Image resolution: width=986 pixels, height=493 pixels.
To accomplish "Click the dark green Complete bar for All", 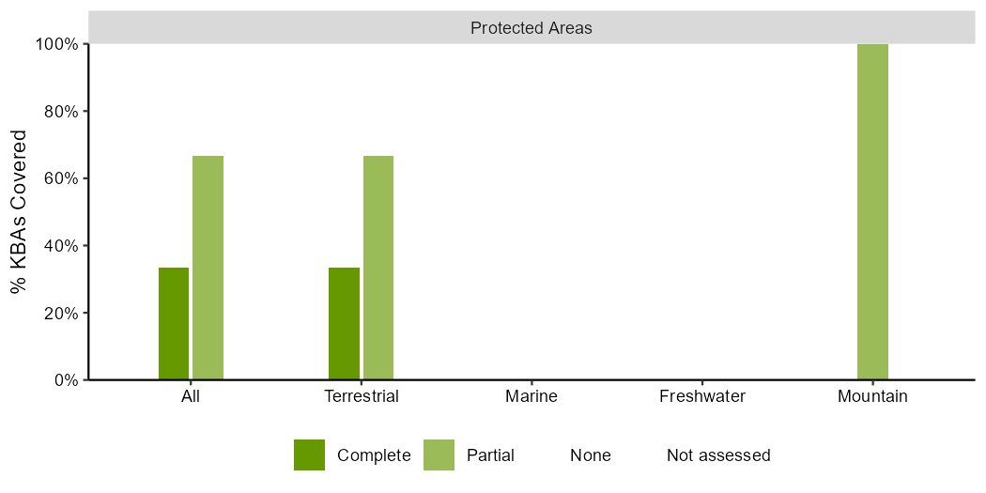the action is tap(174, 323).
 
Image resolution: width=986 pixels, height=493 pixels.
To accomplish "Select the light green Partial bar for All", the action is tap(208, 268).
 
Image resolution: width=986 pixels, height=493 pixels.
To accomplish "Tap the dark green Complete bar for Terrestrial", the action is tap(344, 323).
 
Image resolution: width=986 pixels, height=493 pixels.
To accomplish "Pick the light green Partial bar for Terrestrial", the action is tap(378, 268).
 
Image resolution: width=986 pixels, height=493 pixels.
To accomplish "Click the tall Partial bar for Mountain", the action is tap(872, 212).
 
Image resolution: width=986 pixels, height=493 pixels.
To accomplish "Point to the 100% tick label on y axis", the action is tap(60, 45).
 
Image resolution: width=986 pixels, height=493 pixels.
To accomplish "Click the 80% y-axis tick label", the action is tap(64, 112).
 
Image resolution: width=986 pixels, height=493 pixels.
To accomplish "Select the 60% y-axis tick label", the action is tap(64, 178).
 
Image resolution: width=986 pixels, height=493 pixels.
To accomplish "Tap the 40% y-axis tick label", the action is tap(64, 246).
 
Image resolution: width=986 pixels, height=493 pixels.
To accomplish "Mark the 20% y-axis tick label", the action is tap(64, 313).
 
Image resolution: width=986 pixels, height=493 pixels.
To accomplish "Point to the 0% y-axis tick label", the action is tap(68, 380).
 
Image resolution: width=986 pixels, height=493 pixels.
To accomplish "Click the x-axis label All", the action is tap(191, 397).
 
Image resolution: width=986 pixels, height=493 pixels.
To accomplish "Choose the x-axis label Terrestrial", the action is tap(362, 397).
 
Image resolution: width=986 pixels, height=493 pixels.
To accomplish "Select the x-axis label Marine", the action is tap(532, 397).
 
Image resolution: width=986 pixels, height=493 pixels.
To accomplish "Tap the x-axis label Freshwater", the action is tap(702, 397).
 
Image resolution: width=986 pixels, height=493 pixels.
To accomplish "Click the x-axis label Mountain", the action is tap(872, 397).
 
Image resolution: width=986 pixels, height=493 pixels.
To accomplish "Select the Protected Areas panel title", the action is tap(532, 28).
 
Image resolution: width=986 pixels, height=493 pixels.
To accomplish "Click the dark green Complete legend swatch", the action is tap(309, 454).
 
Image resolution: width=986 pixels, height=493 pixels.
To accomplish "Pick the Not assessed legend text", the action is tap(718, 454).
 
